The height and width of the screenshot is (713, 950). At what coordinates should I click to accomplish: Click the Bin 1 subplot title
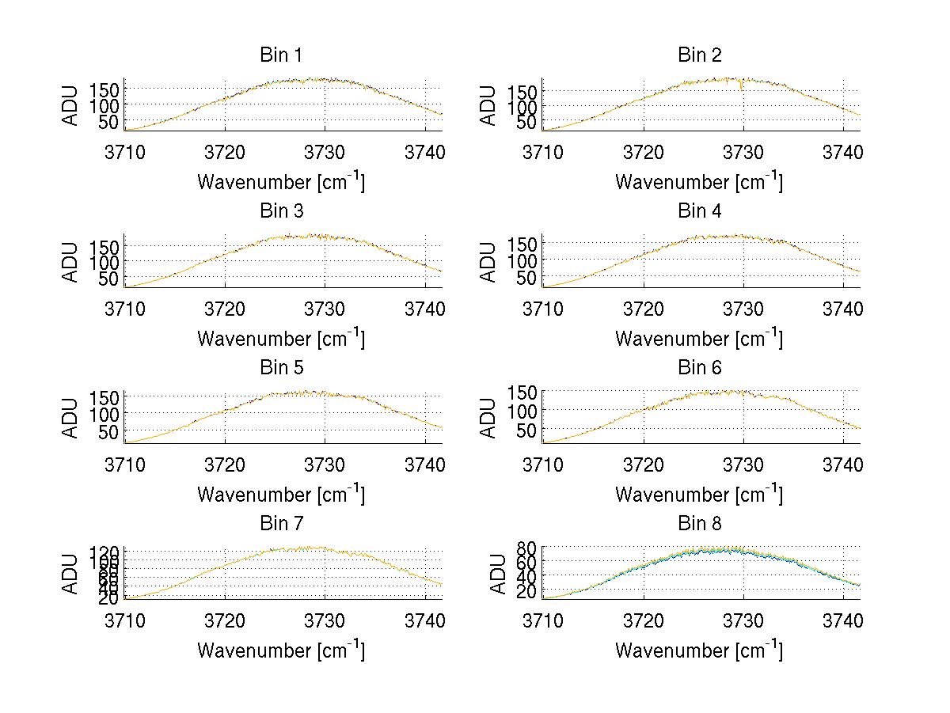280,55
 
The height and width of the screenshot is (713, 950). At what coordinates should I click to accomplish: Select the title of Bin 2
700,55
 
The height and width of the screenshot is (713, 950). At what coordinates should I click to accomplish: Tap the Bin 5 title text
280,368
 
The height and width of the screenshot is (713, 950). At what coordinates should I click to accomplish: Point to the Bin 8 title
700,524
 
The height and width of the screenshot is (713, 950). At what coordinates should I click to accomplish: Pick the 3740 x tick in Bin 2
843,152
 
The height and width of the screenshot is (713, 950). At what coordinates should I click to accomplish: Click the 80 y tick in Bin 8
527,548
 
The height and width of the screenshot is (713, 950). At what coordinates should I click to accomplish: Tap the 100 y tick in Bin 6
522,410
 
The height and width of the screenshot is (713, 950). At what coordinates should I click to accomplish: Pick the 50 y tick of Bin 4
527,277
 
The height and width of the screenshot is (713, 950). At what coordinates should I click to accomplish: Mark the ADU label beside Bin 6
489,418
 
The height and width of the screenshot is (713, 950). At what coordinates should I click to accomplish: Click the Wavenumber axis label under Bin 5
280,495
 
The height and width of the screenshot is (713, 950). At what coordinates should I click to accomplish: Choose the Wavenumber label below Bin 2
698,183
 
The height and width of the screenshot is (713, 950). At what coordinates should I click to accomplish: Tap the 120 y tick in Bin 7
108,552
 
